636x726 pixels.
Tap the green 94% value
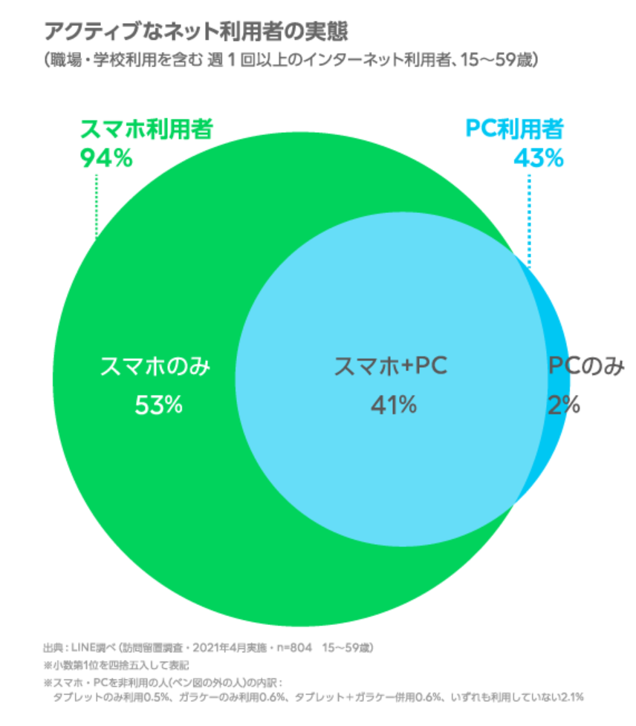(106, 158)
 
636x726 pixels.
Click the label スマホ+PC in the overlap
(392, 367)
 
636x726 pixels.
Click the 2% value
(565, 404)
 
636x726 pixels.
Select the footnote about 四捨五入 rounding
(115, 664)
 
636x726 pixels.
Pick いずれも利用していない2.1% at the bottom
(523, 697)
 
